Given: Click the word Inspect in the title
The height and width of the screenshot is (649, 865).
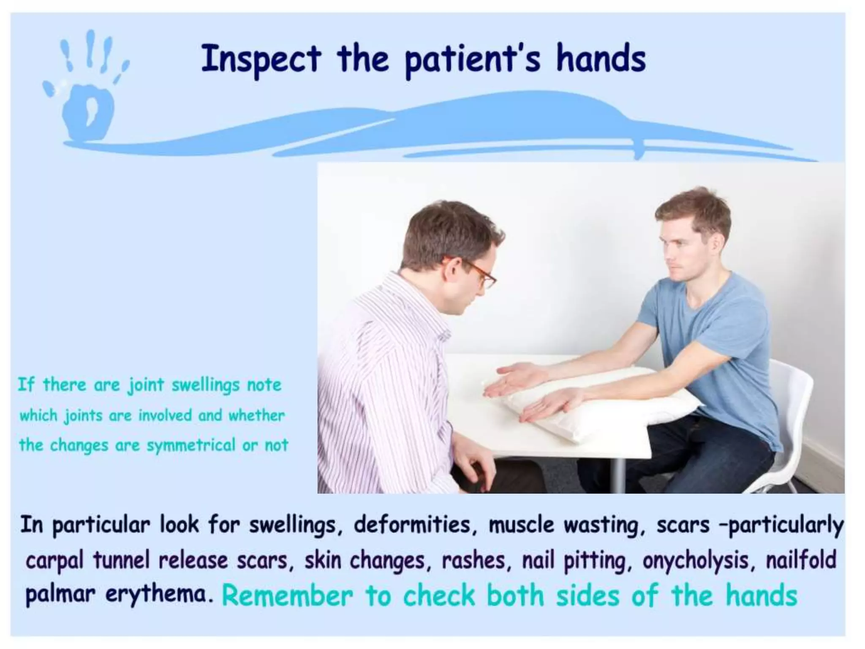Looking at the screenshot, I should (261, 59).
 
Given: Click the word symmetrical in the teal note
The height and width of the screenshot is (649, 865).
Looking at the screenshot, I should (191, 445).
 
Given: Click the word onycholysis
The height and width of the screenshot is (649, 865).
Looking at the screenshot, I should (701, 561).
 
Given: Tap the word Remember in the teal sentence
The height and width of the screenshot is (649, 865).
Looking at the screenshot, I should (287, 596).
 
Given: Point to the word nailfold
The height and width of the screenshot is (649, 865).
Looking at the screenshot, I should (801, 560).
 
